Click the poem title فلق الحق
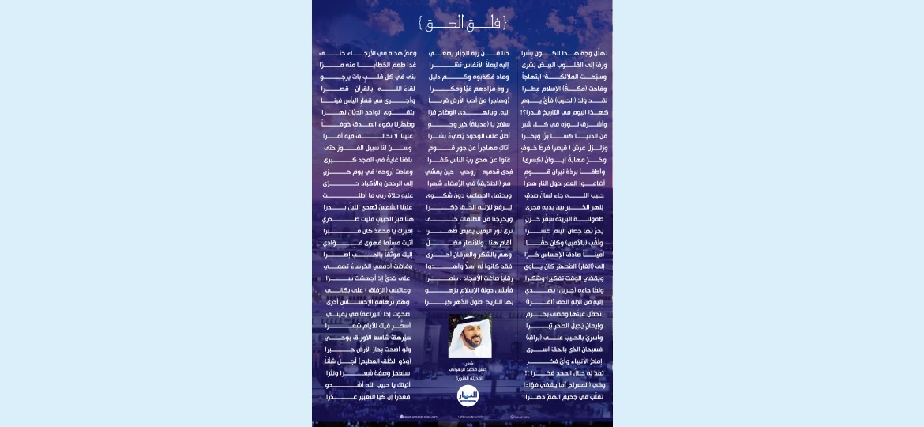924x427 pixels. point(462,23)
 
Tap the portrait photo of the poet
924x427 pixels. point(470,337)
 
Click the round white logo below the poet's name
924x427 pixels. point(468,396)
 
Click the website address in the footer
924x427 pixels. point(420,416)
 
